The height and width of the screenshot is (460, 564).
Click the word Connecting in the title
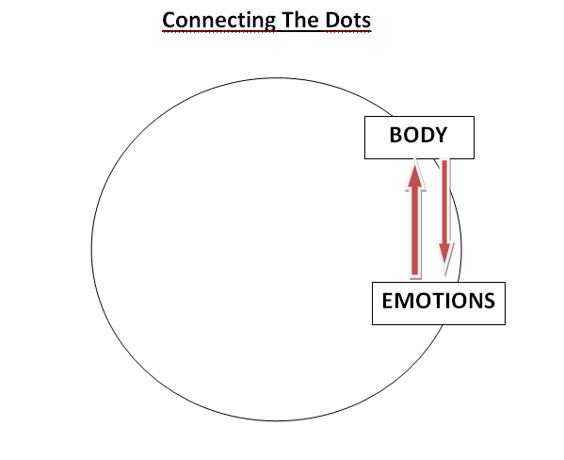(x=219, y=21)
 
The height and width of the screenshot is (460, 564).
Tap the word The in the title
(x=300, y=20)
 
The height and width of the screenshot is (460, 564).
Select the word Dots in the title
(x=347, y=20)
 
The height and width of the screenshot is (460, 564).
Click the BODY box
(x=419, y=138)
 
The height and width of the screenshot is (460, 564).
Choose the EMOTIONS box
(x=439, y=304)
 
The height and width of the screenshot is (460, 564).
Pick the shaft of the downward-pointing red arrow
(x=445, y=201)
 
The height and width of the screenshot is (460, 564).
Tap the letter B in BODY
(x=396, y=135)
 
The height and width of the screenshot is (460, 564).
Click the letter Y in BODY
(x=440, y=135)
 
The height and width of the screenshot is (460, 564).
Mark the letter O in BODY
(x=411, y=135)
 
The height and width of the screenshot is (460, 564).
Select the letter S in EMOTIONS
(x=488, y=301)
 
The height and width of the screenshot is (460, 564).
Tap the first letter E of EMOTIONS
(x=388, y=301)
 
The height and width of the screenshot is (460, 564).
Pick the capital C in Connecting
(x=169, y=20)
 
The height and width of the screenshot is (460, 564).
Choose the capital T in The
(x=289, y=20)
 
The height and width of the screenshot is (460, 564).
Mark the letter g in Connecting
(x=268, y=23)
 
